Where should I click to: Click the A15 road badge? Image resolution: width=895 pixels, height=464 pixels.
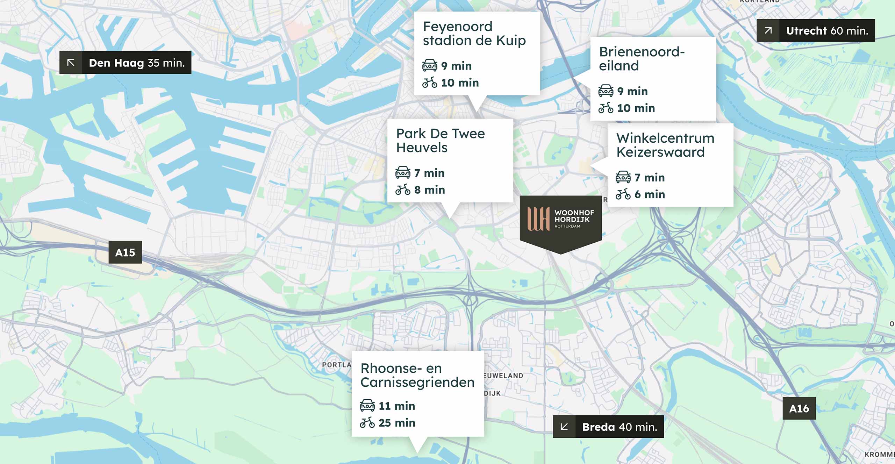[125, 252]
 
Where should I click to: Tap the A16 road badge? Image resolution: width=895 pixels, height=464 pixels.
[799, 408]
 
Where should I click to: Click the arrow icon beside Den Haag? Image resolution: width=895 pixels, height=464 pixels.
[71, 63]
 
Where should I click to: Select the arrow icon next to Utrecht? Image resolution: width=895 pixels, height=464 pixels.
[768, 30]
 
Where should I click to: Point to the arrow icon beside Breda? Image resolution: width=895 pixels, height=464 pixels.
[564, 427]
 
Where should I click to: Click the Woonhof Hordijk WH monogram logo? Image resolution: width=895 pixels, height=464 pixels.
[538, 219]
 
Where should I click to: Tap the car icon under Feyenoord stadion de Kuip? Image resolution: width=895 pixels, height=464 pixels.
[430, 65]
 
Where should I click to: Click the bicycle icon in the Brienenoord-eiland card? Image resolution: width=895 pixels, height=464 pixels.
[606, 108]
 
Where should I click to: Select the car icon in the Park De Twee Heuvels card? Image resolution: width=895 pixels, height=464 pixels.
[403, 172]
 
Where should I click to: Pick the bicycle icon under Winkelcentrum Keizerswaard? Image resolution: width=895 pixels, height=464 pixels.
[623, 194]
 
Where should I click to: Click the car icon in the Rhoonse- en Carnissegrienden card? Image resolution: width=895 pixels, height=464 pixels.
[367, 405]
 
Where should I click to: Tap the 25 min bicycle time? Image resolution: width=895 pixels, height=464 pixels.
[397, 422]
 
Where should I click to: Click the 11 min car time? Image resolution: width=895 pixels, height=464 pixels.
[397, 406]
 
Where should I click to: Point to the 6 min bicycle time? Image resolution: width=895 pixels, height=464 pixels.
[650, 194]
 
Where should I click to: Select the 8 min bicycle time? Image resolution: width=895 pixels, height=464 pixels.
[429, 190]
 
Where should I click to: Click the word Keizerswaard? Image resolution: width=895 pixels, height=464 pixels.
[660, 152]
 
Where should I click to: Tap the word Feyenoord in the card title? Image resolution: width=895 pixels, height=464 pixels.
[458, 27]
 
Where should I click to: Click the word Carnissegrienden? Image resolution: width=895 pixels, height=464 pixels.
[417, 382]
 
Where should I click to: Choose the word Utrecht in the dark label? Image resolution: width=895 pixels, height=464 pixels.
[806, 31]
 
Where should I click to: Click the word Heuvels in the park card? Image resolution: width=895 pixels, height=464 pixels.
[422, 148]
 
